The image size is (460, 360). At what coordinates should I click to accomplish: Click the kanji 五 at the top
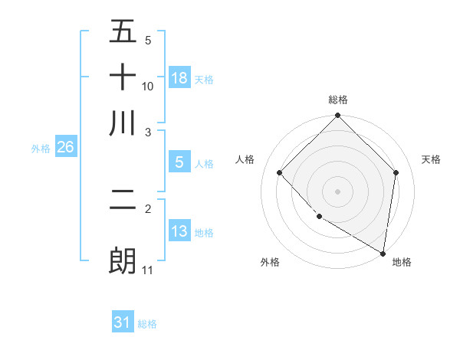tap(123, 32)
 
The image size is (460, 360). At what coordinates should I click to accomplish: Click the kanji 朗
tap(123, 260)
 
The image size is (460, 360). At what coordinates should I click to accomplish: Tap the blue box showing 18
tap(179, 78)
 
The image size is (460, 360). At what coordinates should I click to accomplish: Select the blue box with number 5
tap(179, 162)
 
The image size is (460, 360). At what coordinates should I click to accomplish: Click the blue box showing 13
tap(179, 231)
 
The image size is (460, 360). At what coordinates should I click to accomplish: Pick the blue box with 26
tap(65, 148)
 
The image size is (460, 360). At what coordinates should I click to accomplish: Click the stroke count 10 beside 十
tap(148, 86)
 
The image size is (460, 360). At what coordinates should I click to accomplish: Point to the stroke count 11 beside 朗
tap(148, 270)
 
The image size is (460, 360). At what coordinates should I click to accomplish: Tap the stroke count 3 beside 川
tap(149, 132)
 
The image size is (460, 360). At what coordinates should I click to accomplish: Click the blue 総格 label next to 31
tap(147, 324)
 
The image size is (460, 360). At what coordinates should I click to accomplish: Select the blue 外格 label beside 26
tap(40, 149)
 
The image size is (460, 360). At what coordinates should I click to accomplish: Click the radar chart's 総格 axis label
tap(337, 100)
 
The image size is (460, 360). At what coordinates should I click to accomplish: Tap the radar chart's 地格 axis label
tap(402, 262)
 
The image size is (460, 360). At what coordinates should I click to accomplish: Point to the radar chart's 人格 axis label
tap(245, 159)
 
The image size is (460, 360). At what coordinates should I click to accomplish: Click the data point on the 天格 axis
tap(396, 172)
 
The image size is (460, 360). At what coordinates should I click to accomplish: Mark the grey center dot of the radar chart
tap(337, 191)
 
